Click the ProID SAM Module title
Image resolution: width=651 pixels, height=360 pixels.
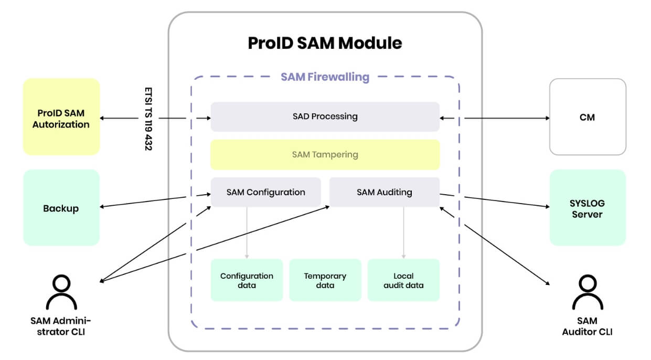(x=325, y=43)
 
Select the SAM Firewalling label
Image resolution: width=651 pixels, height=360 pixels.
(x=325, y=77)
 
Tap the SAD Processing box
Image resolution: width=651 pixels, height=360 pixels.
(x=325, y=117)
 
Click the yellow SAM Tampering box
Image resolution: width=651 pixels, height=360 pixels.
(x=325, y=155)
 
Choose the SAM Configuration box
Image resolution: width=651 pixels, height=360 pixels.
(x=265, y=192)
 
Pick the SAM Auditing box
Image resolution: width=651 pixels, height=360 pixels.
(x=384, y=192)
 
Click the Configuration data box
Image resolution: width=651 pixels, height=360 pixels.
(x=247, y=280)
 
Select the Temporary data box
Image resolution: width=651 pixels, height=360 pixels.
(x=325, y=280)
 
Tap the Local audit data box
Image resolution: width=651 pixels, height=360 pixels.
(x=403, y=280)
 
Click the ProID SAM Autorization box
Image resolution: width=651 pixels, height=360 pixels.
(x=61, y=117)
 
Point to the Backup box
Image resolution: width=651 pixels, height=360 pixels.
(x=61, y=208)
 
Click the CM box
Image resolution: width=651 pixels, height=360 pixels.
(x=588, y=117)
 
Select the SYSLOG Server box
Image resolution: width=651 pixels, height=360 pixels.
(x=588, y=208)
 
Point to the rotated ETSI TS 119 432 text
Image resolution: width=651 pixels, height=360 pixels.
(x=148, y=119)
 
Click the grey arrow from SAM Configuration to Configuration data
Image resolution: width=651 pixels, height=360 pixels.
(x=247, y=232)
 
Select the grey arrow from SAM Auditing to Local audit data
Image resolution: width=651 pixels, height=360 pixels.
(x=403, y=232)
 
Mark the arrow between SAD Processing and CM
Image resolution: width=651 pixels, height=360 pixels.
(x=495, y=118)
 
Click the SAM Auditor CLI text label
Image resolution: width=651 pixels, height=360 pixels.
(x=588, y=326)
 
